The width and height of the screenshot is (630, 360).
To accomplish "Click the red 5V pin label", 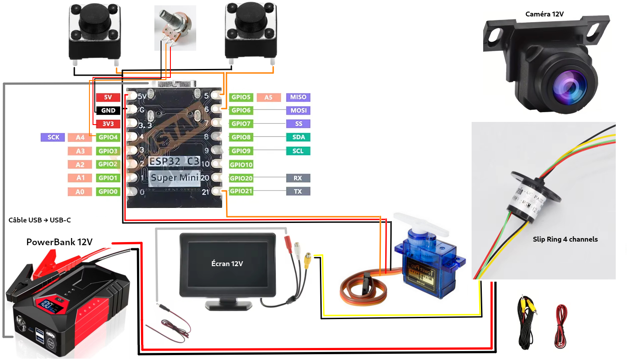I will (x=108, y=97).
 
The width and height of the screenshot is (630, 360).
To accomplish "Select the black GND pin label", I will (x=108, y=110).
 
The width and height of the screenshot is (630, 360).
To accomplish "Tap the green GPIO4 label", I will (x=108, y=138).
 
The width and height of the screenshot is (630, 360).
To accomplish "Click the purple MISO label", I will (x=298, y=97).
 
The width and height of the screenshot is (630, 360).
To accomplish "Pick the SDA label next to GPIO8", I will (x=298, y=138).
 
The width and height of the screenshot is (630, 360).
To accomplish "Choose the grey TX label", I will (x=298, y=191).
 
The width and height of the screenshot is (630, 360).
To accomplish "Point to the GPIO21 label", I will (x=241, y=191).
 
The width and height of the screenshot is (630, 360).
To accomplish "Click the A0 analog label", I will (x=80, y=192).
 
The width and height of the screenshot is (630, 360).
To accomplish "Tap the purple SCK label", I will (x=53, y=138).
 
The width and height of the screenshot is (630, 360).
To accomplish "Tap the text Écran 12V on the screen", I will (x=227, y=264).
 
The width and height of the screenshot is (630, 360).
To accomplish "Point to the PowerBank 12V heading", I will (x=59, y=242).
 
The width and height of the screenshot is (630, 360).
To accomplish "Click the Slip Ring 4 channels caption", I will (x=565, y=239).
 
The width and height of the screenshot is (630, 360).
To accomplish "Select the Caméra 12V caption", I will (x=544, y=14).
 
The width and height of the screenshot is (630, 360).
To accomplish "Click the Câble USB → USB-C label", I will (x=40, y=220).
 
